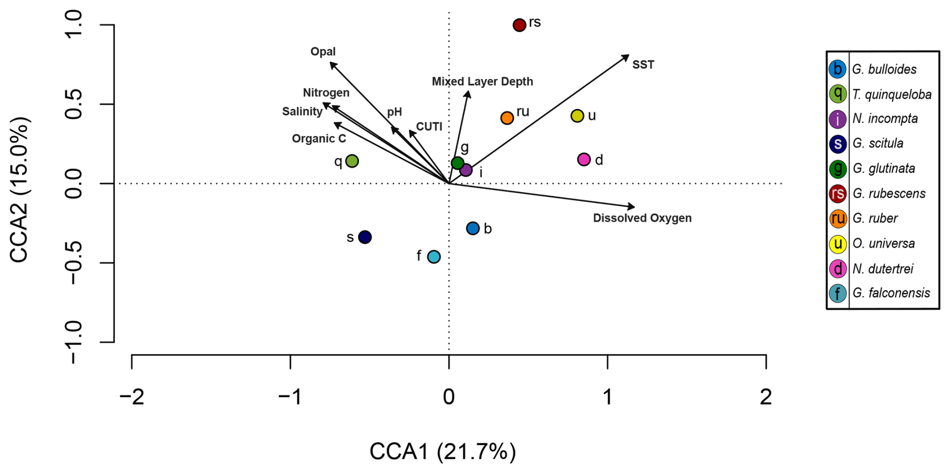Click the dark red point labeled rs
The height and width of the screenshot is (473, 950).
pyautogui.click(x=519, y=25)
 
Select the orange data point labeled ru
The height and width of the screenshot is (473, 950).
pyautogui.click(x=507, y=118)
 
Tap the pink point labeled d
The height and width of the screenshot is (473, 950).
pyautogui.click(x=583, y=159)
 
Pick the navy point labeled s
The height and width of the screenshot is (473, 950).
pyautogui.click(x=365, y=237)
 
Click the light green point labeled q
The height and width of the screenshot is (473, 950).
pyautogui.click(x=352, y=161)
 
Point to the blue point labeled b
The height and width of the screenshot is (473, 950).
pyautogui.click(x=472, y=228)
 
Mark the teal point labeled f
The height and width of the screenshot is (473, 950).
pyautogui.click(x=434, y=256)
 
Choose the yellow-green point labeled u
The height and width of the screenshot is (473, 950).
pyautogui.click(x=577, y=116)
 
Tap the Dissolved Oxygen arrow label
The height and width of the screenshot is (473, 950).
pyautogui.click(x=642, y=218)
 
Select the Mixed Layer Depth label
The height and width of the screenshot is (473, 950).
pyautogui.click(x=482, y=81)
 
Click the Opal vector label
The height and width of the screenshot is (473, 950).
pyautogui.click(x=323, y=52)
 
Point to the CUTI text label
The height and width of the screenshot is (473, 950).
pyautogui.click(x=429, y=127)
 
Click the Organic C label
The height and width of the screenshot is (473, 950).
pyautogui.click(x=319, y=139)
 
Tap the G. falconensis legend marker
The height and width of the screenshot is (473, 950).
pyautogui.click(x=837, y=293)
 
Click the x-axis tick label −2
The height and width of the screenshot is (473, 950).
pyautogui.click(x=132, y=398)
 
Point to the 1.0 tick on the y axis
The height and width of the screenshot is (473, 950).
pyautogui.click(x=74, y=25)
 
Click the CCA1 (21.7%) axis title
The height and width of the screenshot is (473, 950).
pyautogui.click(x=442, y=452)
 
